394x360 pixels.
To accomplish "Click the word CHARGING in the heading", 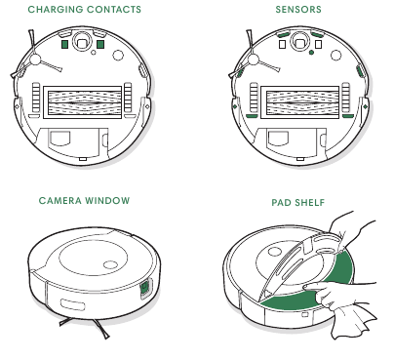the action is point(56,10).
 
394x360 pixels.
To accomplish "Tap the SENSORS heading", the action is point(298,10).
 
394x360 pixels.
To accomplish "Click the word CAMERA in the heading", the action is point(60,201).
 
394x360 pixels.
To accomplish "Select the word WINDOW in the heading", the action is point(107,201).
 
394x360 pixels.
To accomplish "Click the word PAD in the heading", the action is point(280,203).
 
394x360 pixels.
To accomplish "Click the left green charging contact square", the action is point(64,44).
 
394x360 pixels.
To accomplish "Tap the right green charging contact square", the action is point(100,44).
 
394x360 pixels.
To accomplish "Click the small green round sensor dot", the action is point(311,53).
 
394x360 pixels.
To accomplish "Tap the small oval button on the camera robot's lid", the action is point(110,264).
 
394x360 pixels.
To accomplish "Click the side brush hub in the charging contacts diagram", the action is point(34,60).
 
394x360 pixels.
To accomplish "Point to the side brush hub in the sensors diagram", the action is point(253,60).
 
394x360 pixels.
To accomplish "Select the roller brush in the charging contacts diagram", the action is point(83,102).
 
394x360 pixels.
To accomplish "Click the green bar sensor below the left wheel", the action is point(252,116).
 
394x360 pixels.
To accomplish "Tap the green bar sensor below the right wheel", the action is point(348,116).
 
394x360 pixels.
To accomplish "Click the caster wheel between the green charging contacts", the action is point(82,42).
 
